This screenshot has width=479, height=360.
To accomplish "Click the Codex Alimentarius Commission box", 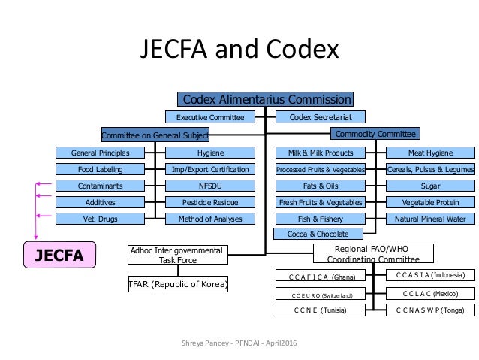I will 265,99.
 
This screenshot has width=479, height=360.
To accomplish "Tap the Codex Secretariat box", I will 321,117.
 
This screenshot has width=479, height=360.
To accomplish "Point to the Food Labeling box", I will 100,169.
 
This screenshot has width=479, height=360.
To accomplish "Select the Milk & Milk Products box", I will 320,153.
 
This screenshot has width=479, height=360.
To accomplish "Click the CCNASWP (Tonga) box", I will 429,309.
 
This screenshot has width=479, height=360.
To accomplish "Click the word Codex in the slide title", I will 298,50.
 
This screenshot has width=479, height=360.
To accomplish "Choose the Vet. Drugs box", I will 100,219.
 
